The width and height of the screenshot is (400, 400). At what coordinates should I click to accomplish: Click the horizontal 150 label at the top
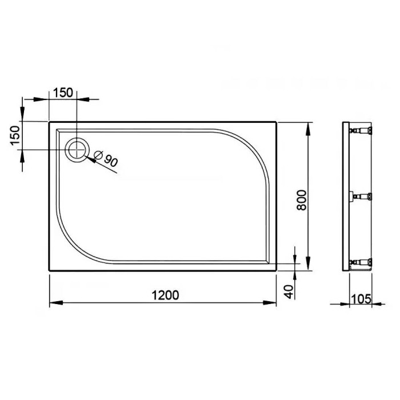point(63,92)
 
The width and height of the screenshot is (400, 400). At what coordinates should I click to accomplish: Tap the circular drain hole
point(76,150)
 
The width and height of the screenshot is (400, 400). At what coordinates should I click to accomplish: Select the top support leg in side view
point(363,131)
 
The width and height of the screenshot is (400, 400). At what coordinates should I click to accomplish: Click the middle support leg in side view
point(363,197)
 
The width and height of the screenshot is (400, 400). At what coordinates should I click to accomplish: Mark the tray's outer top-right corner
point(277,122)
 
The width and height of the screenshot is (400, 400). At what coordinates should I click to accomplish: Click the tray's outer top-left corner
point(50,122)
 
